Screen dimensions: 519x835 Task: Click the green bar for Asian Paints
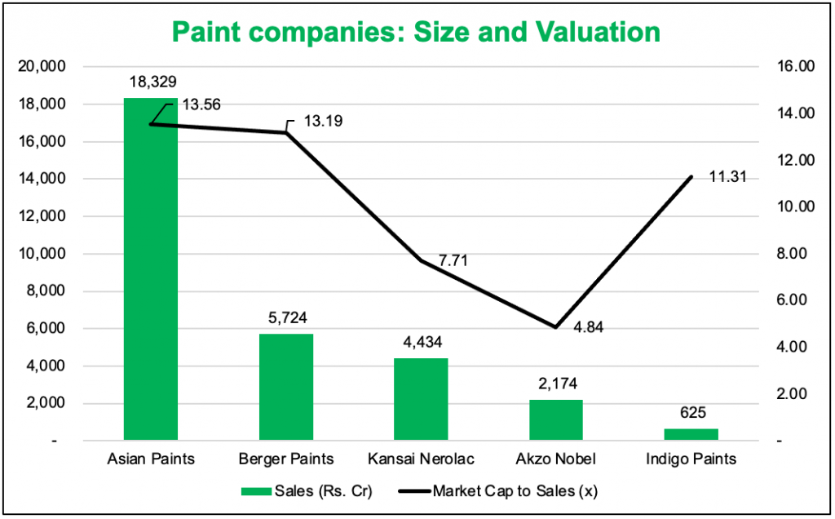150,269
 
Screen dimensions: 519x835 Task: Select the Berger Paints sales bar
285,388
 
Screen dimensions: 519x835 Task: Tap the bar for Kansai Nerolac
421,399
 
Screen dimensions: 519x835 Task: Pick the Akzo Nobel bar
555,419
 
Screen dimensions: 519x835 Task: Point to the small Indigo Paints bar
691,434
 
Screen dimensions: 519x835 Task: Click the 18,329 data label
152,82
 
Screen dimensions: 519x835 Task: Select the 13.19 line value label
323,121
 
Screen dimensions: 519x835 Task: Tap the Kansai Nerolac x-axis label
421,459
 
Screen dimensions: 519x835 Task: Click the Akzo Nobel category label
555,459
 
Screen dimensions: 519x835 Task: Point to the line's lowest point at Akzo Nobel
555,327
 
